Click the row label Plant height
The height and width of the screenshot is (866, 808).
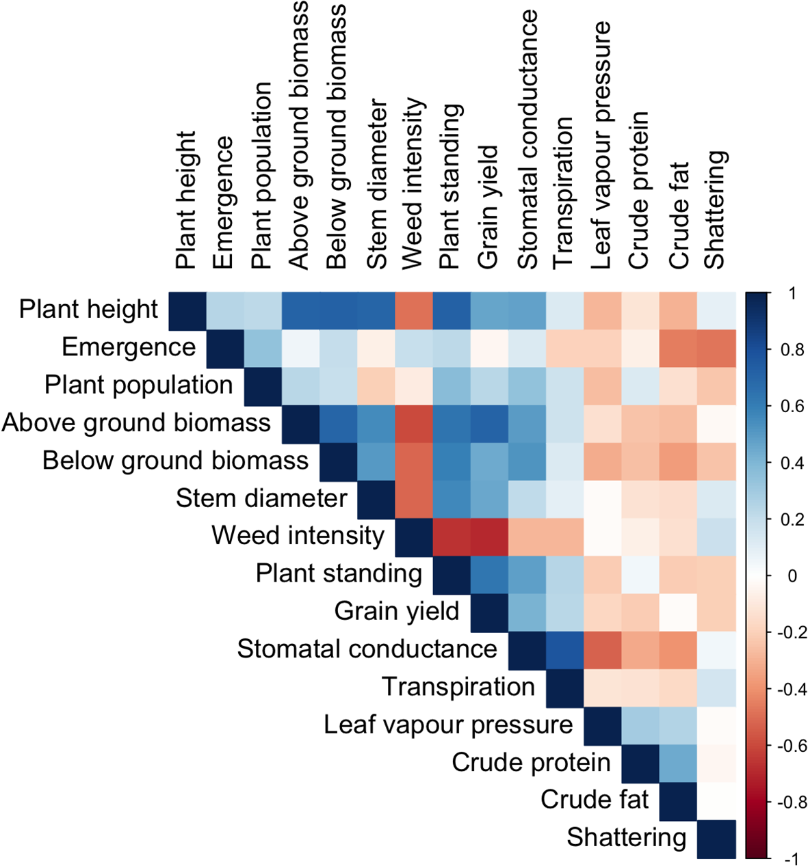(x=89, y=310)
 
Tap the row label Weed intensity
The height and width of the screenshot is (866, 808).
(x=298, y=535)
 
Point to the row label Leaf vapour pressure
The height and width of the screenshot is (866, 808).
(x=448, y=725)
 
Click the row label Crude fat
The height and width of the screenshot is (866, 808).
(x=595, y=800)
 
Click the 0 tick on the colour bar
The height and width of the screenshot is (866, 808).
(x=792, y=576)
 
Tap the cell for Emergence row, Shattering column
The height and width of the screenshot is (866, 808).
(x=716, y=348)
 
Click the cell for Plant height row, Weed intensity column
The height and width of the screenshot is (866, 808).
(x=413, y=310)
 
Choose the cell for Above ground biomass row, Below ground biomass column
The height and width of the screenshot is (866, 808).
(x=338, y=424)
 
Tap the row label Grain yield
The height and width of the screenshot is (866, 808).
(x=397, y=611)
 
